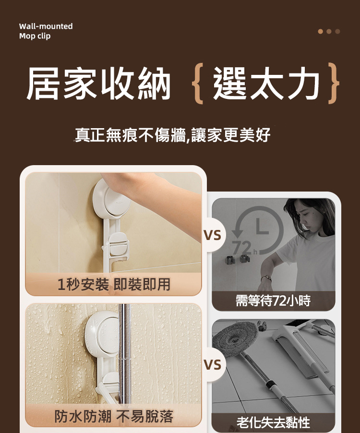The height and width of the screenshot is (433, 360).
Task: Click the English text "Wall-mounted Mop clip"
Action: [46, 31]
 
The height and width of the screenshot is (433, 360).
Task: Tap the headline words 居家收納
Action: [98, 84]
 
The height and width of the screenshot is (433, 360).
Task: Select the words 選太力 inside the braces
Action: [266, 84]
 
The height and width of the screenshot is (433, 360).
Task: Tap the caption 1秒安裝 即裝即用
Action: [114, 285]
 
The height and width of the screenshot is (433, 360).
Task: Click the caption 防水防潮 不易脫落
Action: [114, 416]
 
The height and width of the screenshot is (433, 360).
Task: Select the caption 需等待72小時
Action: [273, 301]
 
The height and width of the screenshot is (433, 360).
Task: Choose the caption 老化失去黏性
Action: [273, 422]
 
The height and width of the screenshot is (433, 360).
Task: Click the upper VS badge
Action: [212, 235]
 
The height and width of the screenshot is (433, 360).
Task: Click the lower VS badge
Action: [212, 365]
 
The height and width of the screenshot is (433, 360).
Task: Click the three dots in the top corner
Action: [329, 31]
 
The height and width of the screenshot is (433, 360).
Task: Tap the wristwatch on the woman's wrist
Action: [265, 278]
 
